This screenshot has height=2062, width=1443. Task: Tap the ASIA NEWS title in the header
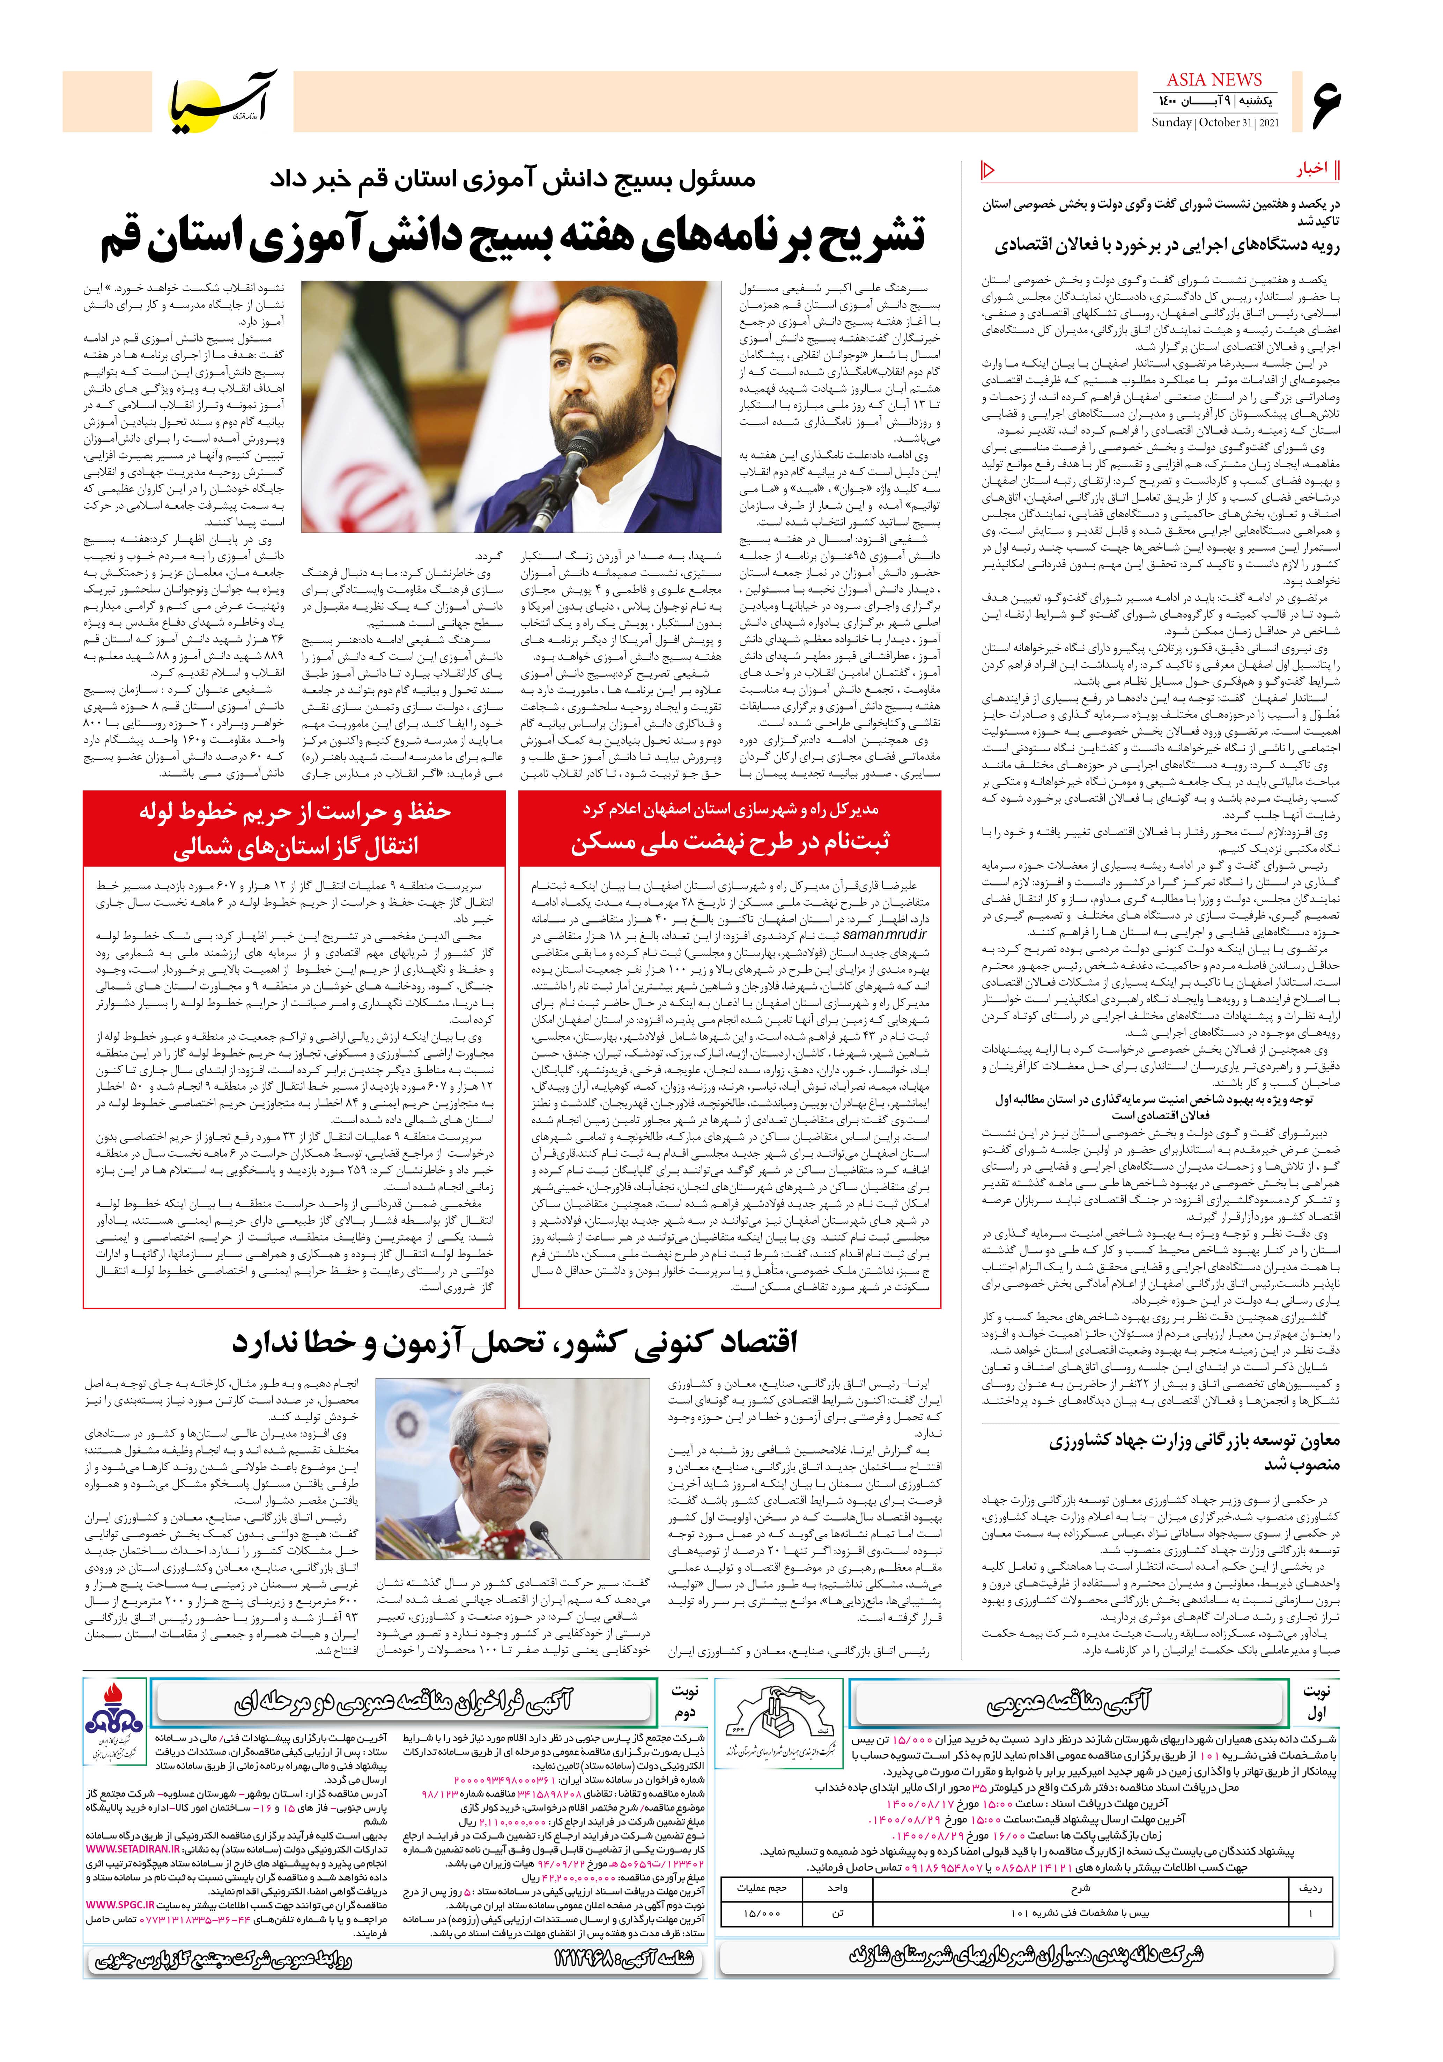pyautogui.click(x=1214, y=80)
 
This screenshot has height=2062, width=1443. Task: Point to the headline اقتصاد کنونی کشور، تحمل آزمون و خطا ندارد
pyautogui.click(x=515, y=1343)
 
